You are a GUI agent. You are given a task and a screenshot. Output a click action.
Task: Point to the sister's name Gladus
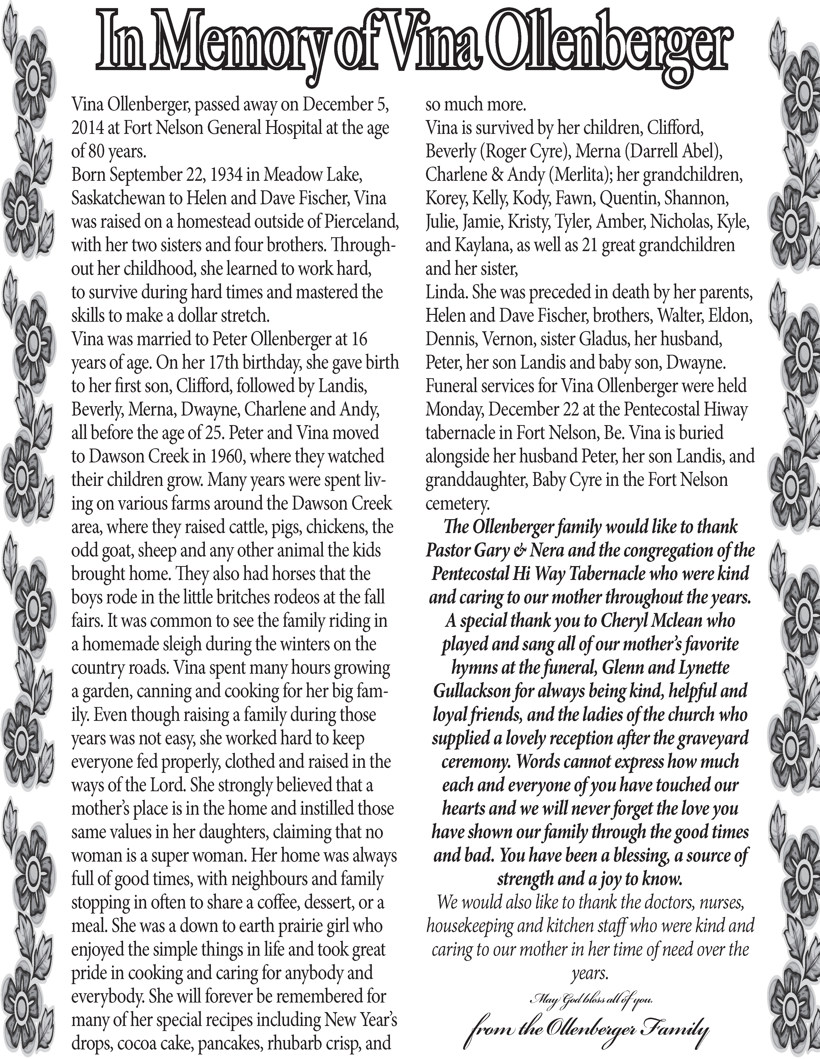click(x=598, y=339)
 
